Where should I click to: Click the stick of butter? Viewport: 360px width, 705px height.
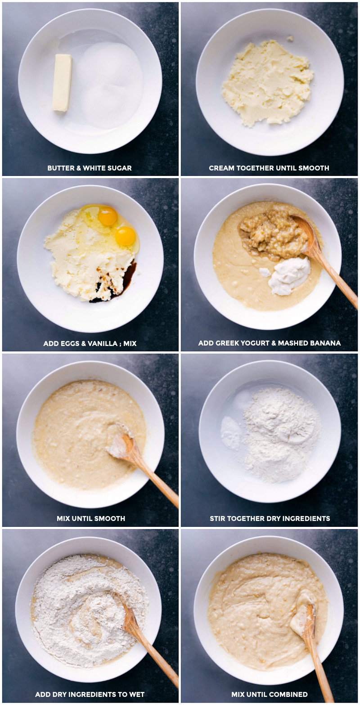[x=62, y=82]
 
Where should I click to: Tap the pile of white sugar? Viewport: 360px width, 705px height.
[x=110, y=83]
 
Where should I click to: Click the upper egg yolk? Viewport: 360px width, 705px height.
[x=108, y=216]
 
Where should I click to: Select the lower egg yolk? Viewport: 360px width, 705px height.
[x=126, y=236]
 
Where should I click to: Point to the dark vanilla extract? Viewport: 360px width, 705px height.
[x=126, y=277]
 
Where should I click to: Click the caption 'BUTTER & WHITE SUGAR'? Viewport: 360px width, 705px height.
[x=90, y=168]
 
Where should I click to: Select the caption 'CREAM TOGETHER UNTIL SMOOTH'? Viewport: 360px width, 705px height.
[x=269, y=168]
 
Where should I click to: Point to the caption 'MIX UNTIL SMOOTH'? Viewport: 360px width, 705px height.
[x=90, y=518]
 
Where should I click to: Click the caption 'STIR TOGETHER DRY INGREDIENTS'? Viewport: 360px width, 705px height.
[x=270, y=518]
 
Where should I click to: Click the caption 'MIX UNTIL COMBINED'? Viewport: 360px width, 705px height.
[x=269, y=694]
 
